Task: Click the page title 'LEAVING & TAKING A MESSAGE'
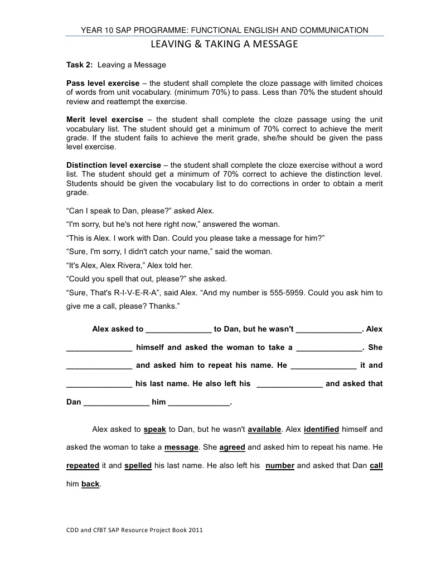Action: tap(225, 44)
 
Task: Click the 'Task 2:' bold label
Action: tap(80, 65)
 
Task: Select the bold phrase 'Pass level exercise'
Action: tap(103, 83)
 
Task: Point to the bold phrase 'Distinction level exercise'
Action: tap(114, 165)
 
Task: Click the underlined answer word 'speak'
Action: tap(155, 429)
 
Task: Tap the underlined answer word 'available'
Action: tap(265, 429)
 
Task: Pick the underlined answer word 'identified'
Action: tap(322, 429)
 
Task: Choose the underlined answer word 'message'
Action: tap(182, 447)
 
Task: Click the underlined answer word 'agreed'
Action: tap(232, 447)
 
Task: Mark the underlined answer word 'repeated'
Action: tap(83, 465)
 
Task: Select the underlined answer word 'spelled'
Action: tap(138, 465)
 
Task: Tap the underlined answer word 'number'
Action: tap(280, 465)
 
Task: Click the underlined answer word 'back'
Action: tap(90, 484)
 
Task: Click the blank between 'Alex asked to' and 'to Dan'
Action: tap(178, 329)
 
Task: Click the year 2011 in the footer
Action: tap(195, 530)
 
